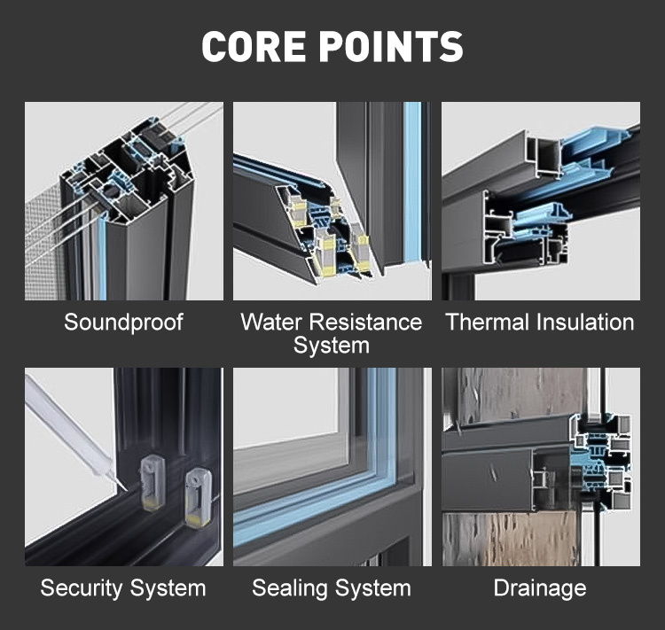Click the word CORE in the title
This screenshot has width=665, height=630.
[x=254, y=46]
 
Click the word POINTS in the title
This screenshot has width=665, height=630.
[x=391, y=46]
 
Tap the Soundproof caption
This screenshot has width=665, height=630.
[x=123, y=323]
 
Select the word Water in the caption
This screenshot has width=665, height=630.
[x=271, y=322]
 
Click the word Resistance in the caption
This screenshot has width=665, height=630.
[x=365, y=322]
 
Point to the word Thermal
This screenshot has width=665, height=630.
[x=488, y=322]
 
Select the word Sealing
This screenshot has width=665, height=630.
[x=285, y=588]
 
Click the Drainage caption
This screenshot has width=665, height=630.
[x=540, y=588]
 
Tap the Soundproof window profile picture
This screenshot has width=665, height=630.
[x=124, y=201]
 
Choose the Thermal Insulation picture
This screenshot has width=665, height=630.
[x=541, y=201]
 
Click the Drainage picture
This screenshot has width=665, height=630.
[x=541, y=467]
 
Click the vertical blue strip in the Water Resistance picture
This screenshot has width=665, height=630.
[x=411, y=182]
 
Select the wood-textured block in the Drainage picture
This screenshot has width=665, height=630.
[x=508, y=539]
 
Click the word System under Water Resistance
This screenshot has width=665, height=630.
[x=332, y=345]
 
